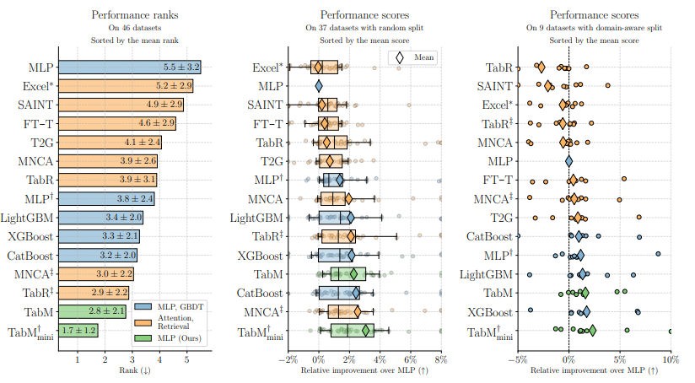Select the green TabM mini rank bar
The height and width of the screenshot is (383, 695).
click(x=78, y=332)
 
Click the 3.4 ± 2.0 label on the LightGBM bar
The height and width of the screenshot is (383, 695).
click(x=122, y=218)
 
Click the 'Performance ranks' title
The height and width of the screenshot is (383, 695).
click(x=128, y=14)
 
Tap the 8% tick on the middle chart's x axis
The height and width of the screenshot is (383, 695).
click(x=439, y=359)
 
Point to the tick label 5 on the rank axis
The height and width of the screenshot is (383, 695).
click(x=187, y=359)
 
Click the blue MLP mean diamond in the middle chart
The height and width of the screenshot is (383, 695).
click(x=319, y=85)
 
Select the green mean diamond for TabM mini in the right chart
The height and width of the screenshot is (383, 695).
click(x=592, y=331)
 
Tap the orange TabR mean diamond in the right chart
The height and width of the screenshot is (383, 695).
click(x=541, y=67)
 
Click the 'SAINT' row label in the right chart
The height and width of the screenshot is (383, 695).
click(x=493, y=86)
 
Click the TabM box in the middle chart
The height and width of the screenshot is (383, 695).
click(x=348, y=274)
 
